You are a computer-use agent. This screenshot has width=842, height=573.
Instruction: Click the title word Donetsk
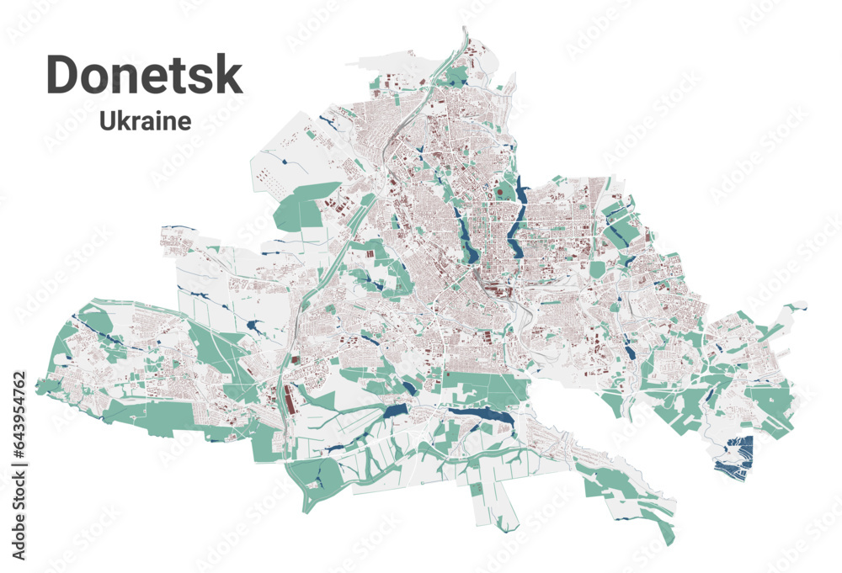point(144,74)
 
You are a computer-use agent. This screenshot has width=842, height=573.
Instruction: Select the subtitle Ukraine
point(145,121)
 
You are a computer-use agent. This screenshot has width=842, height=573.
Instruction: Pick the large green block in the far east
point(770,408)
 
